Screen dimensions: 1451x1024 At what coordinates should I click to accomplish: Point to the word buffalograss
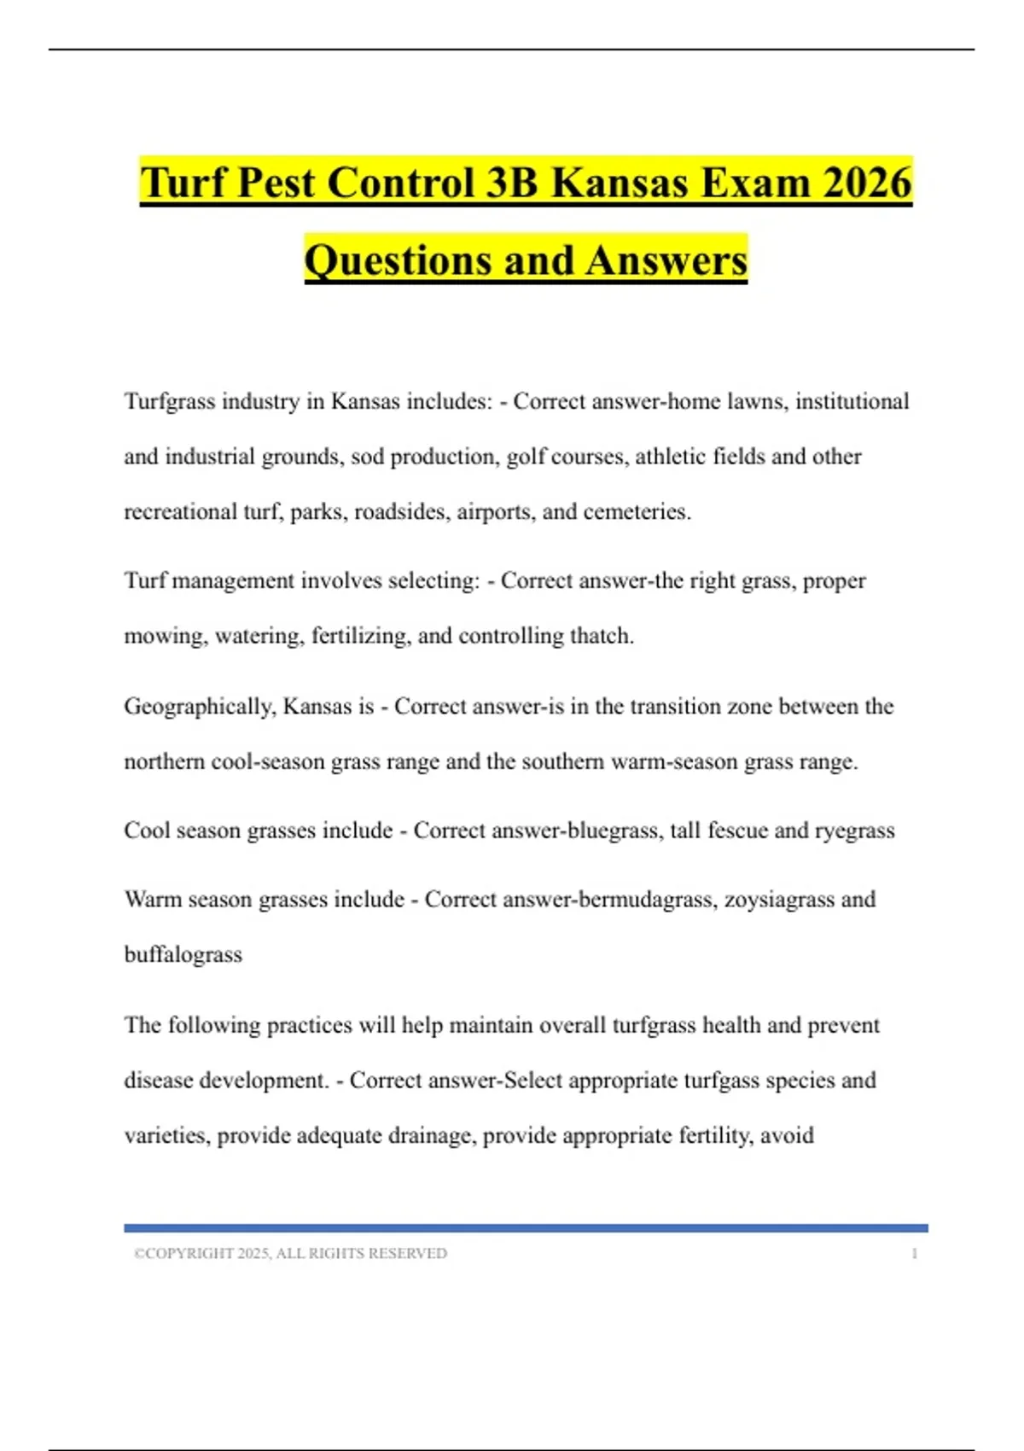pos(183,954)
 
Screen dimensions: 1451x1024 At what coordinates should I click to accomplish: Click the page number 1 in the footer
pos(915,1254)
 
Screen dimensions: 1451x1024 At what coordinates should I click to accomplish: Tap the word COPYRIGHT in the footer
pos(189,1254)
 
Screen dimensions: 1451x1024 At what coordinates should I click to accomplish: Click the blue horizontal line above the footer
pos(526,1228)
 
